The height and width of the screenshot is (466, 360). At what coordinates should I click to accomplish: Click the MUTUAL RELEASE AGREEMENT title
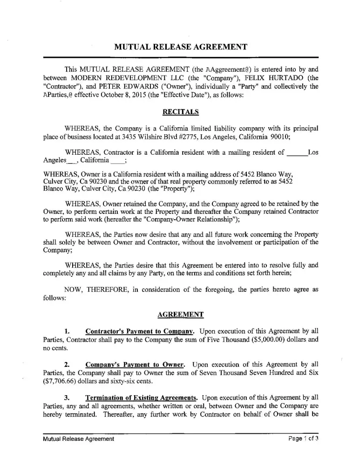point(180,47)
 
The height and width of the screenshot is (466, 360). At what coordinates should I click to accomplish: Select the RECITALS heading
point(180,111)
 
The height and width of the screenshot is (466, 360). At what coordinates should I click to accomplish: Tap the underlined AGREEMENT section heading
point(180,314)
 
